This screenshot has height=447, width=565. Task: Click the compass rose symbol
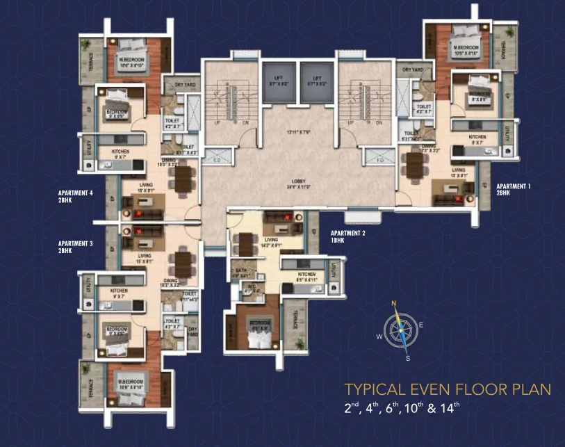click(400, 330)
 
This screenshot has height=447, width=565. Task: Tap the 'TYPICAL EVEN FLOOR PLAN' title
click(448, 389)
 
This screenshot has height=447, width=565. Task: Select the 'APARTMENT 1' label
click(514, 186)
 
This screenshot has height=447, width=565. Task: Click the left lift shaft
click(278, 83)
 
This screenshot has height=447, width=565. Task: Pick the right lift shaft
click(318, 83)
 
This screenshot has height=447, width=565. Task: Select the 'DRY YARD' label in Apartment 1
click(413, 70)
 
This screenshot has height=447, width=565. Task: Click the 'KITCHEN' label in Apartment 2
click(306, 275)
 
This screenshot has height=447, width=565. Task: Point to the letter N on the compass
click(393, 303)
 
